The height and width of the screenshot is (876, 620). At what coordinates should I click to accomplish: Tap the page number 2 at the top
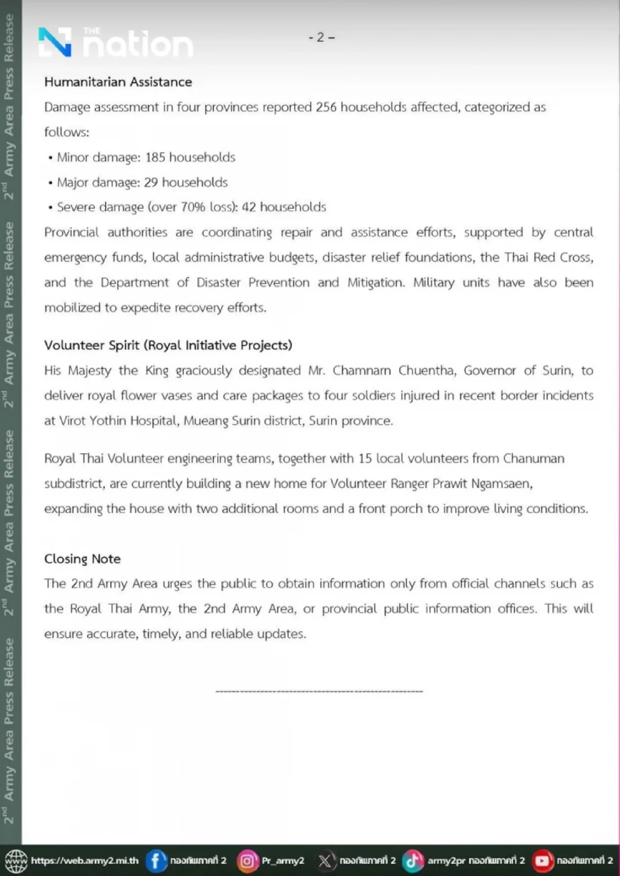click(x=321, y=38)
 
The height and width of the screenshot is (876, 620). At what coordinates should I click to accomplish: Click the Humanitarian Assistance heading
click(x=118, y=82)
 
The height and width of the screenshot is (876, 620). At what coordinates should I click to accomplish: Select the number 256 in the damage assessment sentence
click(x=325, y=107)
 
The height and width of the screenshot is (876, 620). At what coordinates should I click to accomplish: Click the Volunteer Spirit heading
click(x=168, y=345)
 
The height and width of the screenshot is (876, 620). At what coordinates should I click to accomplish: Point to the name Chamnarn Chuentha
click(x=394, y=371)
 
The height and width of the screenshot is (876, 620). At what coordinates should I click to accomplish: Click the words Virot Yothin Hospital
click(x=119, y=421)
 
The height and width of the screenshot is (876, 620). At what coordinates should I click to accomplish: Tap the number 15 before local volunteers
click(x=365, y=458)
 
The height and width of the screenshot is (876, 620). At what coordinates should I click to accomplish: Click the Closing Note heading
click(x=82, y=559)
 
